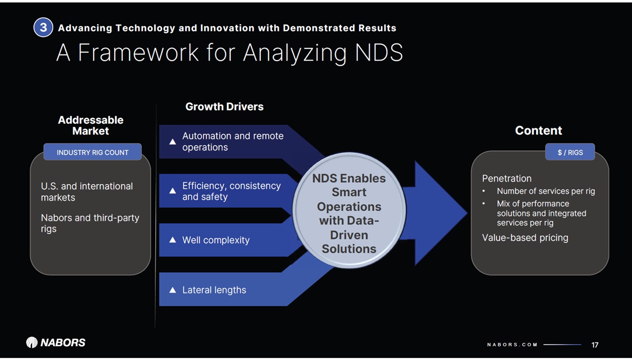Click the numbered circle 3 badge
click(x=43, y=27)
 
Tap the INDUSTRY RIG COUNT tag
click(x=93, y=152)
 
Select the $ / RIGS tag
click(x=570, y=152)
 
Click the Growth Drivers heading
click(x=224, y=106)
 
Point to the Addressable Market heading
click(x=91, y=125)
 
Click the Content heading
click(x=538, y=130)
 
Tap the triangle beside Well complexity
click(x=172, y=239)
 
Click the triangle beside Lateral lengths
click(x=172, y=290)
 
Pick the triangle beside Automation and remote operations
click(x=172, y=142)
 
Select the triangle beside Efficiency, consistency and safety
click(x=172, y=191)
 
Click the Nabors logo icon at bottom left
click(x=32, y=342)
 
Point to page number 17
click(x=595, y=345)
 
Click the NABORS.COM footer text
click(x=512, y=345)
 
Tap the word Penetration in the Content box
click(x=507, y=178)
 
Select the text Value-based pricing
click(x=525, y=238)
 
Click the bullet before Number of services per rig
click(x=483, y=191)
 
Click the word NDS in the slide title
click(x=379, y=53)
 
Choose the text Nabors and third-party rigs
click(x=90, y=223)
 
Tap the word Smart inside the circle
click(x=349, y=192)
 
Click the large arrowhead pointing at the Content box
click(x=440, y=213)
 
